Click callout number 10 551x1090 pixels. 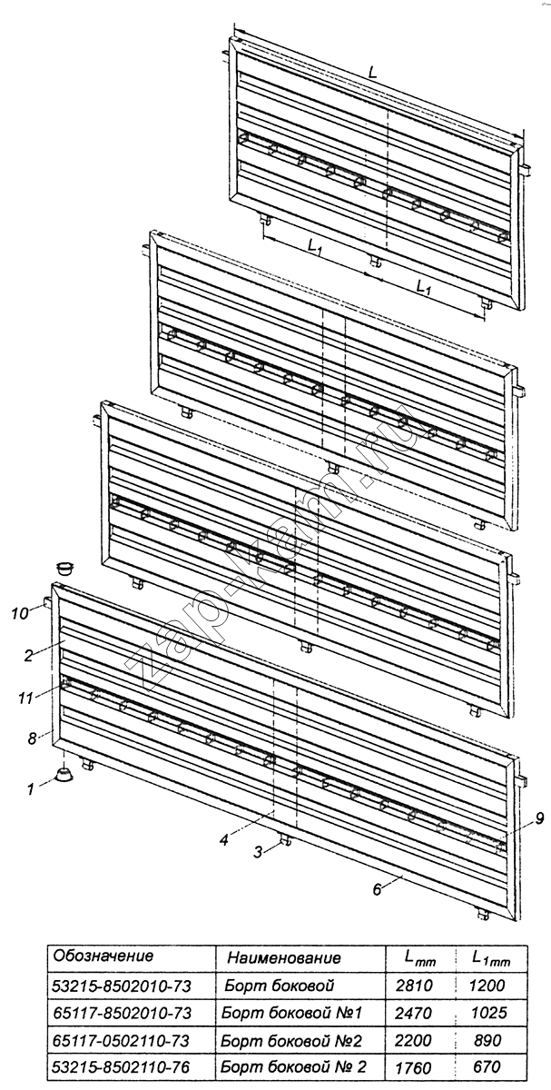click(22, 614)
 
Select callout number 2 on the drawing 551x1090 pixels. click(29, 656)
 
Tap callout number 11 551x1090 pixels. click(25, 699)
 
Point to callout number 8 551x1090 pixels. click(32, 738)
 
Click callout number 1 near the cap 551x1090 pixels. click(31, 788)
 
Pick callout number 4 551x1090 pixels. click(223, 840)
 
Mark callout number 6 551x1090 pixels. click(377, 889)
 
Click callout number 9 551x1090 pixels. click(539, 819)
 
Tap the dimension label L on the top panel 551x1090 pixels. click(372, 73)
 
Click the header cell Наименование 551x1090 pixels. click(284, 957)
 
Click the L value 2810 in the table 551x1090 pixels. click(414, 986)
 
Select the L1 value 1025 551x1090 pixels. click(487, 1013)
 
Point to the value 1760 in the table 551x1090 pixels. click(413, 1068)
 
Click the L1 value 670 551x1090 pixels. click(487, 1067)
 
